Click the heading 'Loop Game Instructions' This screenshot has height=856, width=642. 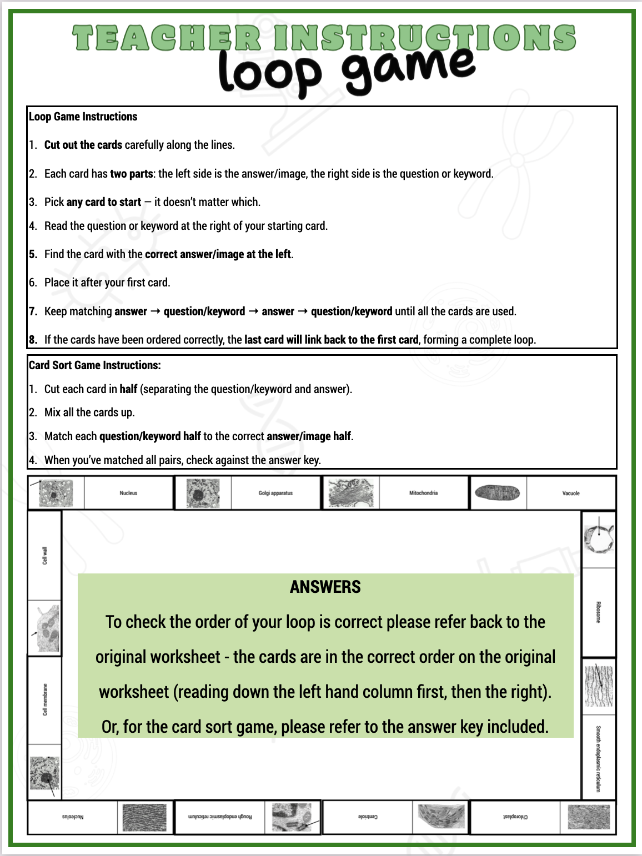click(83, 117)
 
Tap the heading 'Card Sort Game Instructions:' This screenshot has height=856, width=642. click(94, 365)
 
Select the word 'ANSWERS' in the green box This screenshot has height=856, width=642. click(325, 587)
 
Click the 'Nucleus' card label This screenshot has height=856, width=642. click(128, 493)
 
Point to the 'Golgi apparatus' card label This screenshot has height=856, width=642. click(275, 493)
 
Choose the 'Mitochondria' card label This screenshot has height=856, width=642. click(423, 493)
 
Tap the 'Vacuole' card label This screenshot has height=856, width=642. click(571, 493)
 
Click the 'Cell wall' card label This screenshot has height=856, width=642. click(45, 555)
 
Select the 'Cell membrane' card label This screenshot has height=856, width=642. click(45, 699)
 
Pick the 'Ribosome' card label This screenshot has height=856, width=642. click(598, 612)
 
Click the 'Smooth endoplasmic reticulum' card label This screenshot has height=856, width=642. click(598, 758)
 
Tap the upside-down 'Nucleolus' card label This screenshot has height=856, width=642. click(73, 817)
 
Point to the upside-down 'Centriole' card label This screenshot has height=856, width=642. click(368, 817)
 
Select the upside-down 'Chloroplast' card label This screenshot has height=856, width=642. click(515, 817)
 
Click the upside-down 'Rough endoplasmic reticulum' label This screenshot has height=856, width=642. click(220, 817)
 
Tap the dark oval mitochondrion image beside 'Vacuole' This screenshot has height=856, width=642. click(498, 492)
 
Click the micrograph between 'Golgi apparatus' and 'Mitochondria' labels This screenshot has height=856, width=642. click(350, 492)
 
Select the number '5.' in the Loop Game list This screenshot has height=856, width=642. click(33, 254)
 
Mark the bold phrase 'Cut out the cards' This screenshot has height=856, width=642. click(83, 145)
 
